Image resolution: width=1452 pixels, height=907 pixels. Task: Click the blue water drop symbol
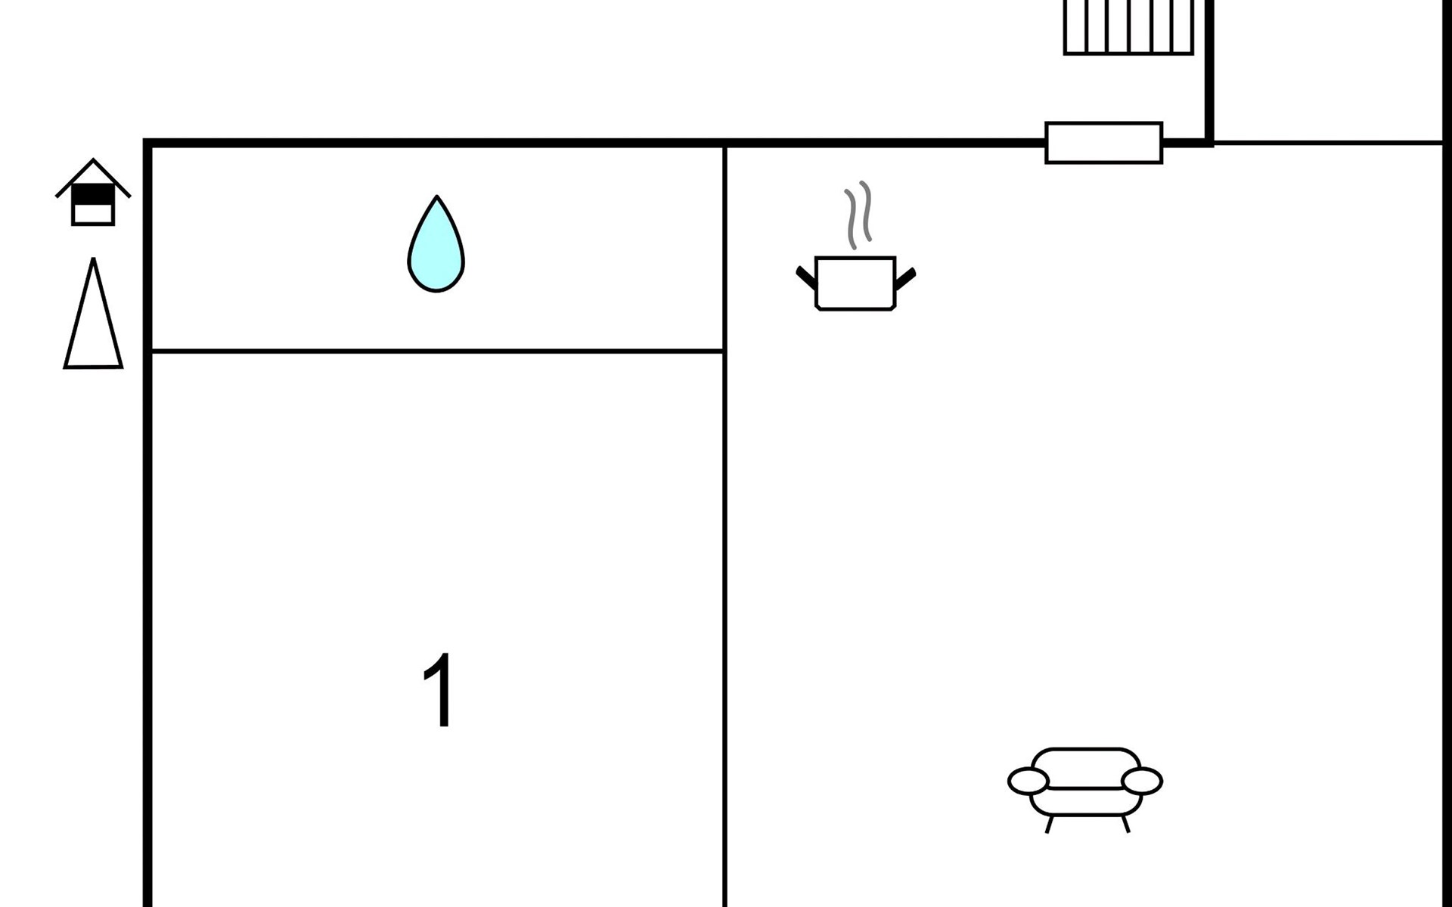[436, 243]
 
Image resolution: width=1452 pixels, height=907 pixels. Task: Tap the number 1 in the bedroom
[439, 689]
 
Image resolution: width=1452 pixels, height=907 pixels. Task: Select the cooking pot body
[855, 283]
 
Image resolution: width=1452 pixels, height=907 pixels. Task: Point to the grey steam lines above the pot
[858, 215]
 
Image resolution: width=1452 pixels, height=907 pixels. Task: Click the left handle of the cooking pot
[806, 277]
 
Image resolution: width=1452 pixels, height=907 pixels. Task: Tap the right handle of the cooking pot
[905, 278]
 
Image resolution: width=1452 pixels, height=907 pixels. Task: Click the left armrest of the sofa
[1028, 781]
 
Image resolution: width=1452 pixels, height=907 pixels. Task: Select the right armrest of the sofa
[1141, 781]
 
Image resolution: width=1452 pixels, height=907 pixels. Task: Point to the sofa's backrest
[1085, 768]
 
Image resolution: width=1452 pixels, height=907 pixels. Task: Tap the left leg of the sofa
[1049, 823]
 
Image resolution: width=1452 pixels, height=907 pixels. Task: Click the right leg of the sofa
[1125, 823]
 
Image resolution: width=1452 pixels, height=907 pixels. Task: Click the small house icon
[93, 192]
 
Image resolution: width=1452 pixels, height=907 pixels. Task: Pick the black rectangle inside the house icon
[93, 195]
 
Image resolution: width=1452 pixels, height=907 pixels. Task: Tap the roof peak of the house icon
[93, 159]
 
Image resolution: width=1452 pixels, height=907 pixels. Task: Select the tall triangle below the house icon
[93, 313]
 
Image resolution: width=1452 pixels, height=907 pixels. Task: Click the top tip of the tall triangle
[93, 258]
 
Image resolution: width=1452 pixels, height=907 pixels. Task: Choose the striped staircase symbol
[1128, 27]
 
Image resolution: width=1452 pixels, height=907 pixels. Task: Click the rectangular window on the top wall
[1103, 143]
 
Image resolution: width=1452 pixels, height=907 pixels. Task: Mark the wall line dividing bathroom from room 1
[437, 351]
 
